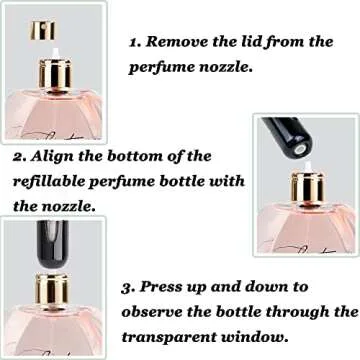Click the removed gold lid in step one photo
tap(42, 30)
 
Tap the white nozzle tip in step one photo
tap(56, 53)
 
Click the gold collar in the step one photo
tap(55, 74)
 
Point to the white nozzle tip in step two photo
tap(308, 167)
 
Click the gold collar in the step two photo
tap(308, 188)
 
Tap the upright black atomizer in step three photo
tap(53, 244)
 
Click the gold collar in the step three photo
tap(52, 289)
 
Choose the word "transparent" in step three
tap(169, 337)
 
